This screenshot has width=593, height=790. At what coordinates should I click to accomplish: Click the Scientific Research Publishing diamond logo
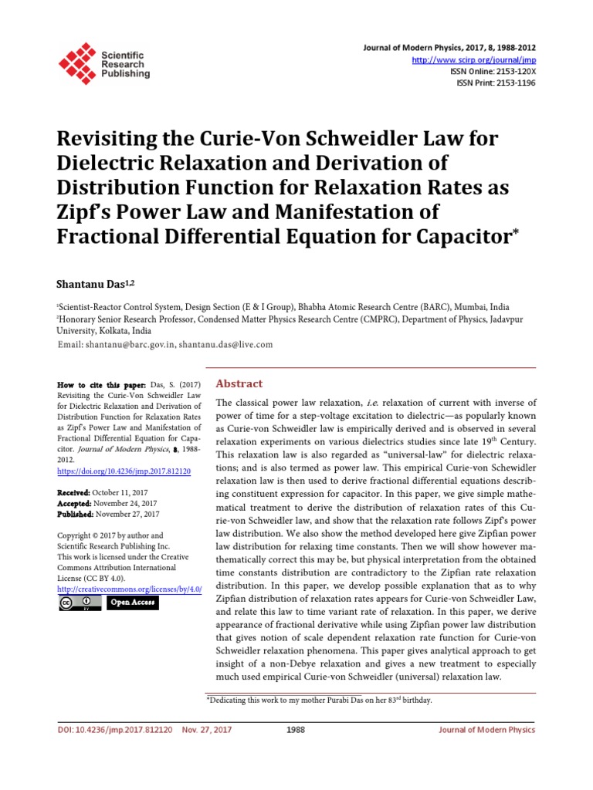click(77, 61)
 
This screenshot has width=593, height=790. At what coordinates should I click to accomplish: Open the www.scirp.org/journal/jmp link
click(473, 60)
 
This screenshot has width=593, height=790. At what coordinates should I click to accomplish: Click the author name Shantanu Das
click(86, 285)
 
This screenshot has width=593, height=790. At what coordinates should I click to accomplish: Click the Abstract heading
click(239, 383)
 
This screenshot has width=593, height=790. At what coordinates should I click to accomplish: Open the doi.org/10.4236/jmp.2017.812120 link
click(124, 471)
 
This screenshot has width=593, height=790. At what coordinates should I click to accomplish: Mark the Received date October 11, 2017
click(126, 492)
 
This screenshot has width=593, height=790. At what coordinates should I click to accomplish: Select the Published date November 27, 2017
click(128, 514)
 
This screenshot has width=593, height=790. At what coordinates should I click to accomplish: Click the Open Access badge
click(132, 603)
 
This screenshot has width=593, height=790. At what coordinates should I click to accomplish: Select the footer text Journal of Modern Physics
click(486, 729)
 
